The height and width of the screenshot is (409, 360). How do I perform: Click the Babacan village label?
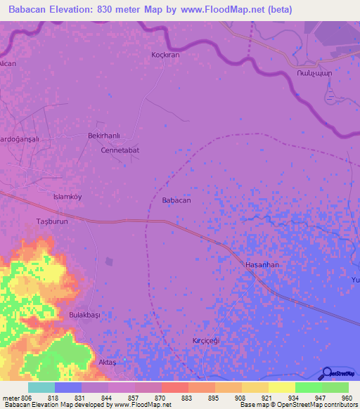(176, 201)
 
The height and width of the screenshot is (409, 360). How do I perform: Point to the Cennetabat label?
(120, 150)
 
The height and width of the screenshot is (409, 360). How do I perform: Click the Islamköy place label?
(68, 197)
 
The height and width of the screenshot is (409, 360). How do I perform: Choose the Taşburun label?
(51, 221)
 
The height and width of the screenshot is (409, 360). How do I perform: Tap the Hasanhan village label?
(262, 264)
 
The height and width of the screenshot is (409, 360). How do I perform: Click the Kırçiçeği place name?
(207, 340)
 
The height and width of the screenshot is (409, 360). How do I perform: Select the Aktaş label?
(107, 361)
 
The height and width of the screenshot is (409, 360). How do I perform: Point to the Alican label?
(8, 63)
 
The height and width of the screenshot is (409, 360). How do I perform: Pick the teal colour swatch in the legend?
(41, 387)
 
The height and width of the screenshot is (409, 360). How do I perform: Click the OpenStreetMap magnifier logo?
(327, 373)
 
